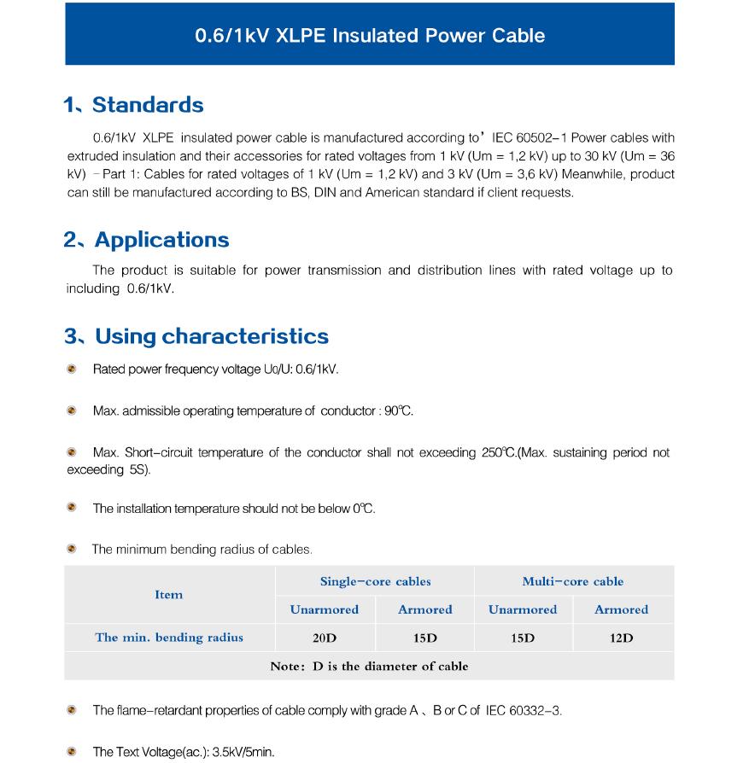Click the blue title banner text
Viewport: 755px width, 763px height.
click(x=370, y=36)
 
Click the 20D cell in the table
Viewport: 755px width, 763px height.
click(x=325, y=638)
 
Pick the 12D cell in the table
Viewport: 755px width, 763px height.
click(x=621, y=638)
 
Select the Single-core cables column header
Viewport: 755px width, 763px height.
click(x=375, y=581)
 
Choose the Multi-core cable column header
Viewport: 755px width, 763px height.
click(x=572, y=581)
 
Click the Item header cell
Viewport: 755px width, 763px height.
click(x=169, y=595)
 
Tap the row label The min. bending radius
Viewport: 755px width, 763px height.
click(x=169, y=638)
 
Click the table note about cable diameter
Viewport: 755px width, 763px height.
click(x=369, y=666)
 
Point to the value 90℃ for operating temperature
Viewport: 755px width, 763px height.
click(x=398, y=411)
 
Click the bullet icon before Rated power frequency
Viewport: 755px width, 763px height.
click(x=73, y=369)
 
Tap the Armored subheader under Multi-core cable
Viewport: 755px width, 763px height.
click(x=621, y=609)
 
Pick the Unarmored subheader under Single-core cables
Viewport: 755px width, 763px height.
click(x=325, y=609)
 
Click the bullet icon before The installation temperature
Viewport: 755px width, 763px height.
click(x=73, y=508)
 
